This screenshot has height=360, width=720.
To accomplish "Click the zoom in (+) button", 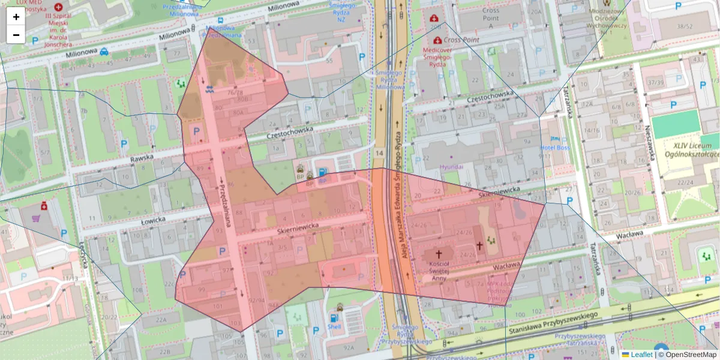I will pos(16,17).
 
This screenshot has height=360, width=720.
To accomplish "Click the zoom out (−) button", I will pos(16,35).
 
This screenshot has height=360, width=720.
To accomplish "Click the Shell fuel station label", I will pos(334,327).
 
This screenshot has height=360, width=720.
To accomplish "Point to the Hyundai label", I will pos(451,166).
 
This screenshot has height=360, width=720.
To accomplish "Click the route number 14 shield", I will pos(379,154).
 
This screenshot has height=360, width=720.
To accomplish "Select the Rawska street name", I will pos(142,159).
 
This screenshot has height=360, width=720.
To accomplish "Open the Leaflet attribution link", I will pos(641,355).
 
